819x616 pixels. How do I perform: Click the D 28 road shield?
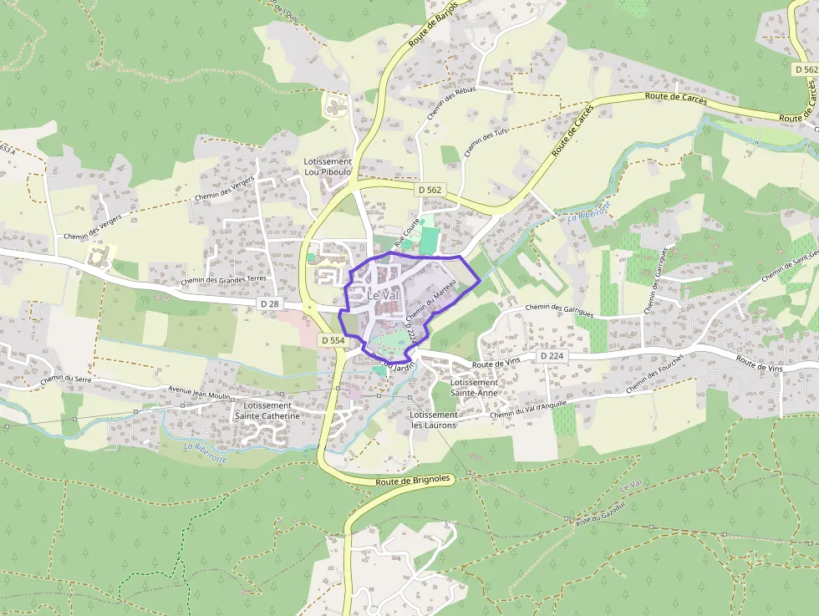269,304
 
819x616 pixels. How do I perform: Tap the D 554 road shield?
333,340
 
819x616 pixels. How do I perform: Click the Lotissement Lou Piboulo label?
328,167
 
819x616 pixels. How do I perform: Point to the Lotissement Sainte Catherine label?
267,410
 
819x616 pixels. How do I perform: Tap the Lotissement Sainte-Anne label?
474,387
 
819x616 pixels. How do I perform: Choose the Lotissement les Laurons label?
434,420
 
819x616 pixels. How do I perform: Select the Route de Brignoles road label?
413,481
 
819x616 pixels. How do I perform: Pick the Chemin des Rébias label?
451,104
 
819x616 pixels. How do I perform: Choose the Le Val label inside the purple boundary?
383,295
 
